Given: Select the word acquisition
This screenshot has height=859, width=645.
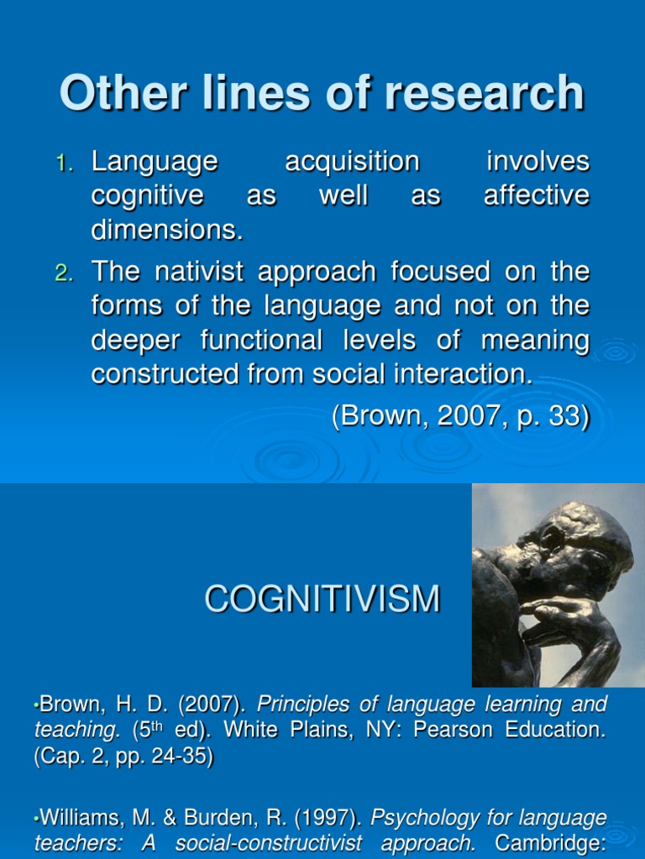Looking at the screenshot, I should click(x=352, y=161).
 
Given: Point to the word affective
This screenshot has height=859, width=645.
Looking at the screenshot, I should click(x=537, y=195).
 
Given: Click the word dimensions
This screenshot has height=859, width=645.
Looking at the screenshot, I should click(x=166, y=230).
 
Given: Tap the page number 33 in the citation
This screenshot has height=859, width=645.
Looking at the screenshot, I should click(x=568, y=417).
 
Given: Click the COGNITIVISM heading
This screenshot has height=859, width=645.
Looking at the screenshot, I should click(x=322, y=599).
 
